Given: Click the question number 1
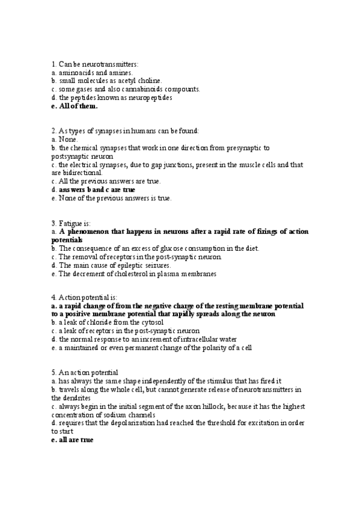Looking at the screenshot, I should pyautogui.click(x=53, y=64).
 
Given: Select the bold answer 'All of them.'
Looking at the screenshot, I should pyautogui.click(x=78, y=106).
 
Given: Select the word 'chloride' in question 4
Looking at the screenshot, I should pyautogui.click(x=92, y=322).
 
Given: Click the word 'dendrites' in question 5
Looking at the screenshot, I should pyautogui.click(x=76, y=398).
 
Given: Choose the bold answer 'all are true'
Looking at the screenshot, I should pyautogui.click(x=75, y=440).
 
